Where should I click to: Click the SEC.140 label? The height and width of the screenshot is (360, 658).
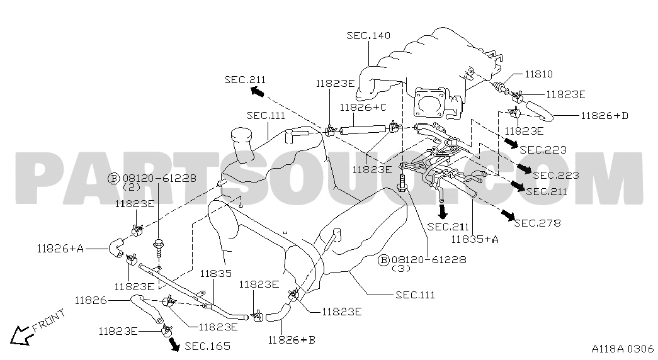[x=368, y=36]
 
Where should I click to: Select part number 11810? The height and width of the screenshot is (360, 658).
[x=538, y=74]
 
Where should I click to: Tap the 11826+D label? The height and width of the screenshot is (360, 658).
[x=604, y=115]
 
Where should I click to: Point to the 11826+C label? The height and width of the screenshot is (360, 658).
[x=364, y=108]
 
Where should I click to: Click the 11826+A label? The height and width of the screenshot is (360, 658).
[x=60, y=248]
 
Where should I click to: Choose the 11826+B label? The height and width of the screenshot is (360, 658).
[x=291, y=340]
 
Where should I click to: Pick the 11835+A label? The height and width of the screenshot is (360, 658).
[x=475, y=239]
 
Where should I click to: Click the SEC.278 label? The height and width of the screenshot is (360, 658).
[x=536, y=223]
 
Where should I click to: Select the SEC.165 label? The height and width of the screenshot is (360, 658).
[x=208, y=346]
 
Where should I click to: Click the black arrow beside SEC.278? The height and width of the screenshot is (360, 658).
[x=505, y=216]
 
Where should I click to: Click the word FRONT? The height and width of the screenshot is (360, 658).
[x=48, y=320]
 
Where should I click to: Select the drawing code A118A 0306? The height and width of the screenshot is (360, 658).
[x=621, y=349]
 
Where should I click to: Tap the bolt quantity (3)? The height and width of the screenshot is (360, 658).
[x=400, y=268]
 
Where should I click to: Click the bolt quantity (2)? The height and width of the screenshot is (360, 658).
[x=130, y=187]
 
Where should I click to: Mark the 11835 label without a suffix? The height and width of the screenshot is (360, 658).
[x=217, y=274]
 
